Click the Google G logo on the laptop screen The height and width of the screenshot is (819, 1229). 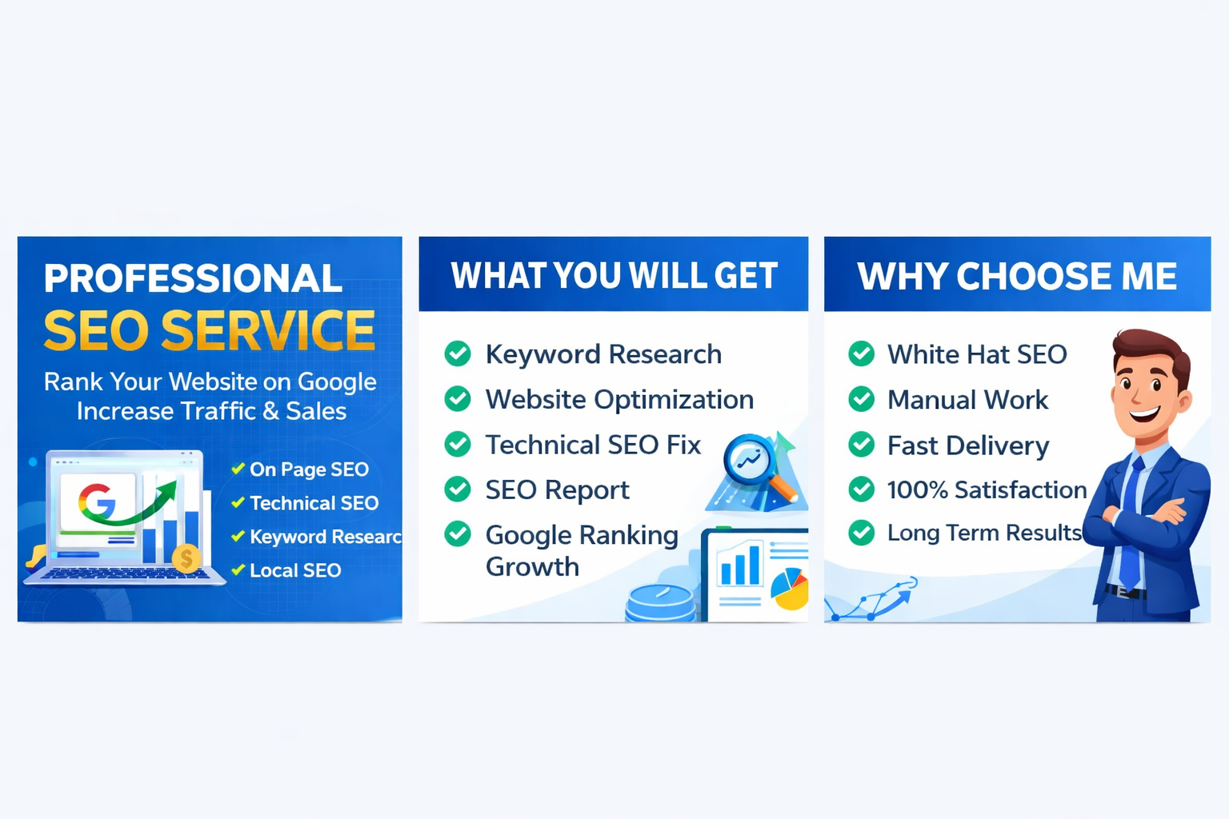tap(98, 501)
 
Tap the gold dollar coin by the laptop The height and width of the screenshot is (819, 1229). tap(186, 558)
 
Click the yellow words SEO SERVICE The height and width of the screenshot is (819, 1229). tap(210, 330)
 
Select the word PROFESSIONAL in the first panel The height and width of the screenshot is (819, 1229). tap(193, 278)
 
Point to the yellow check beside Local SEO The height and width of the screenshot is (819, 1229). tap(238, 569)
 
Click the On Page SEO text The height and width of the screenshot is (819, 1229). tap(309, 469)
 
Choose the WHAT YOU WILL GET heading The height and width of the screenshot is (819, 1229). tap(614, 275)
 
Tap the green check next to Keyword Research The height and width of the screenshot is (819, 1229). tap(458, 354)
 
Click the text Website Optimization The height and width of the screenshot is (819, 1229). tap(619, 399)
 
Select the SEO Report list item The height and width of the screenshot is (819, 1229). tap(558, 489)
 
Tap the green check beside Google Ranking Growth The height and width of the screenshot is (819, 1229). tap(458, 533)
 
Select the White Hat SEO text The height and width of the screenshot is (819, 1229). tap(977, 354)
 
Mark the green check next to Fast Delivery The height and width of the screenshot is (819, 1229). tap(862, 445)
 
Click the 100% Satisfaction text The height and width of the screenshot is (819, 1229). tap(987, 489)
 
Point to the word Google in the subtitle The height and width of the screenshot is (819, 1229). tap(337, 382)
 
